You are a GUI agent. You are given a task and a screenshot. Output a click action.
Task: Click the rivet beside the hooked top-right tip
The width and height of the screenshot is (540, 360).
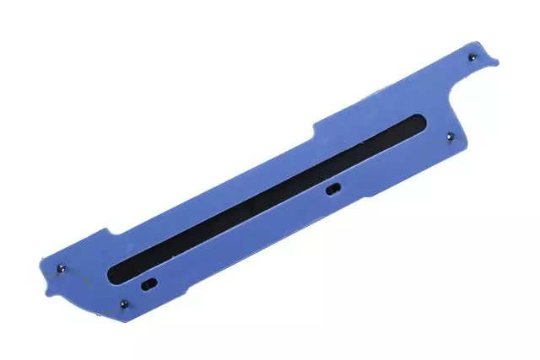(471, 57)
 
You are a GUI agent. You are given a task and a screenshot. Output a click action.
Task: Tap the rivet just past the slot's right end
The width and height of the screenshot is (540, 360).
(450, 134)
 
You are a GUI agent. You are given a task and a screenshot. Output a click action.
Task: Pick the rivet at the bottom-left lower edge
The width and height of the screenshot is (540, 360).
(125, 305)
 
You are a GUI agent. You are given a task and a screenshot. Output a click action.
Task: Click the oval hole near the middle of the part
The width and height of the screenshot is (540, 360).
(333, 189)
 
